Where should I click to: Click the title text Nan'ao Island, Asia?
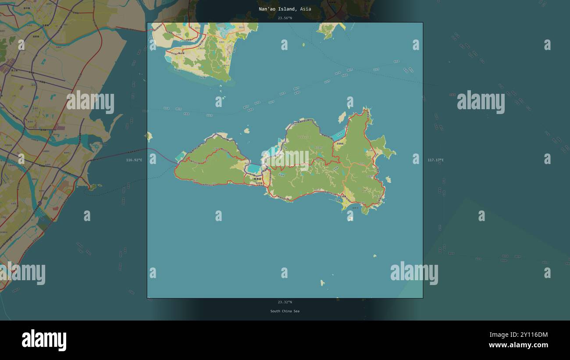(285, 9)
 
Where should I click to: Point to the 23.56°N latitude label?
(285, 18)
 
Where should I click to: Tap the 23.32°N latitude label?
(285, 302)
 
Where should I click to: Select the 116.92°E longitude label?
(134, 160)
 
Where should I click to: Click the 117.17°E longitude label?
(435, 160)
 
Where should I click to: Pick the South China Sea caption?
(285, 311)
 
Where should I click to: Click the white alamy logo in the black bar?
(44, 340)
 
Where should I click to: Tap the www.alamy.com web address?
(518, 345)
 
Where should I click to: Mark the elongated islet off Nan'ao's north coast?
(342, 117)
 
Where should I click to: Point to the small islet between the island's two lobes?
(247, 130)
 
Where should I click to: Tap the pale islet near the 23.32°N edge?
(322, 283)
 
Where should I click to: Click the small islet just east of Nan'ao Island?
(388, 179)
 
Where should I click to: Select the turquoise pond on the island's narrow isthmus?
(254, 169)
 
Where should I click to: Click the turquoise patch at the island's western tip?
(181, 156)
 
